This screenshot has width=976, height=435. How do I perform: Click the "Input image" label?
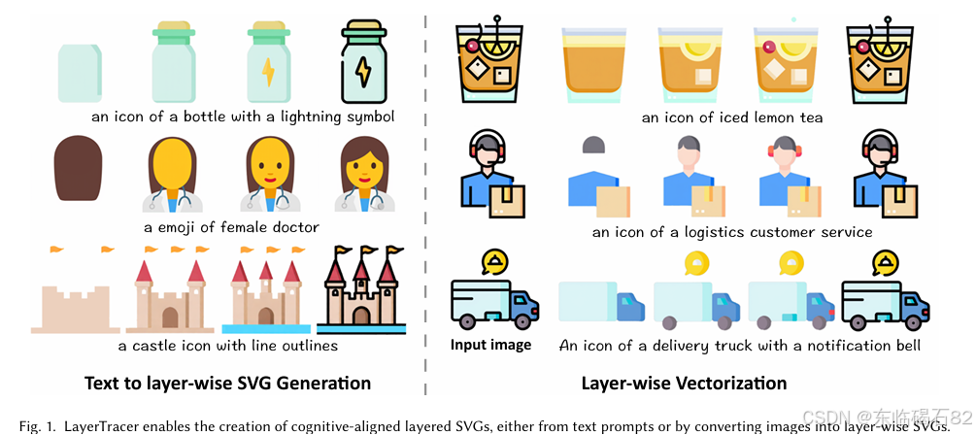coord(490,345)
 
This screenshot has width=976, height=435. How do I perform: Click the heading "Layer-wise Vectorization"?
coord(684,383)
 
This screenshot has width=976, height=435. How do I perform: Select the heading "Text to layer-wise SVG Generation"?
coord(227,383)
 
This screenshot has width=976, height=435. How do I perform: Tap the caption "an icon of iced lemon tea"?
coord(731,117)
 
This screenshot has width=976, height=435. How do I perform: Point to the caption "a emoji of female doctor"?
coord(231,227)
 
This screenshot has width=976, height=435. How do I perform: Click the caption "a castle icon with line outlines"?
coord(227,346)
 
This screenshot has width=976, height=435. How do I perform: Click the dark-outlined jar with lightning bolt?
coord(363,64)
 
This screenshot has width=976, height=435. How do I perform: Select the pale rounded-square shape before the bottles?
coord(79,71)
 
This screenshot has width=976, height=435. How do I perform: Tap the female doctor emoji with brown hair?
coord(363,175)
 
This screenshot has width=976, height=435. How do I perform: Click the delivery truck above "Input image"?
coord(493,302)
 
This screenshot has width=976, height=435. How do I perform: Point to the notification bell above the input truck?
coord(494,260)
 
